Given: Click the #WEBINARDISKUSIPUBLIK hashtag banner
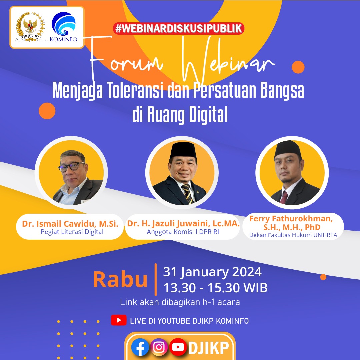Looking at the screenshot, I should click(179, 28).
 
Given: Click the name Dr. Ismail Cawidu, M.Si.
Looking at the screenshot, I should click(70, 224).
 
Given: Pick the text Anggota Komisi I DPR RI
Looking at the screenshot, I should click(182, 232).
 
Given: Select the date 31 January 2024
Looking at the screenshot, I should click(212, 272).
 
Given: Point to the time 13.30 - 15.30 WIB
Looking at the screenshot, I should click(215, 288).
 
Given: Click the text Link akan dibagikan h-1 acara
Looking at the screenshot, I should click(180, 302).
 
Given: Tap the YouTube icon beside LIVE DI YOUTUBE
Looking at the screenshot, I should click(119, 321).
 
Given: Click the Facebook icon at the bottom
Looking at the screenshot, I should click(140, 347).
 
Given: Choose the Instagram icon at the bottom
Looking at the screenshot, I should click(159, 347).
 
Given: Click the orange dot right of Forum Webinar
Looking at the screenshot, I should click(298, 67).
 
